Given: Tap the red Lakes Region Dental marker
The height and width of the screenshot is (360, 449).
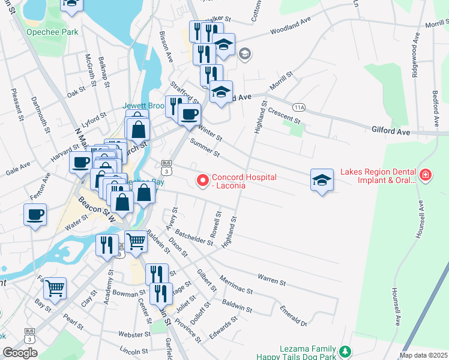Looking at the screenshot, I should click(426, 175).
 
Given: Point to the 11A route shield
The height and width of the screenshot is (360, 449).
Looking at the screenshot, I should click(300, 107).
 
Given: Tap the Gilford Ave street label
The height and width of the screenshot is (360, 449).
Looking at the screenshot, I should click(390, 130).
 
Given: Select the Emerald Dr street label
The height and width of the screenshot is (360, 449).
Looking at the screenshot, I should click(294, 316).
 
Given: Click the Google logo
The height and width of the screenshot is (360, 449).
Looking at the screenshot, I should click(20, 353).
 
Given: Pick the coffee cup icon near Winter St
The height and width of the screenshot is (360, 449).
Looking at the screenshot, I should click(190, 113).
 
